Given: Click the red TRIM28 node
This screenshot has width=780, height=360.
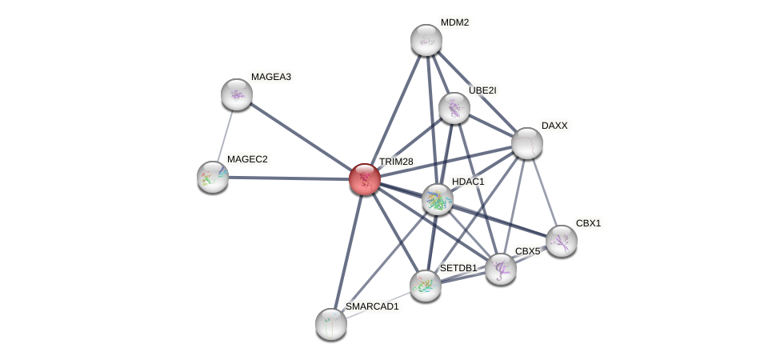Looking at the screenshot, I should (365, 179).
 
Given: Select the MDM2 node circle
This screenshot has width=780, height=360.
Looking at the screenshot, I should (426, 40).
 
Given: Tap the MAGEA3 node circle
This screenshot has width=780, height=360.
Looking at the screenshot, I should (237, 94).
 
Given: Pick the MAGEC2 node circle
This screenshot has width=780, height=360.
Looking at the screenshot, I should (213, 176).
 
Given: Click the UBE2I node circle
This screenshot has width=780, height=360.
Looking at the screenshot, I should (454, 108).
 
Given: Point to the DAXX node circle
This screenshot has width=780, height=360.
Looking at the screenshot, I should (527, 143).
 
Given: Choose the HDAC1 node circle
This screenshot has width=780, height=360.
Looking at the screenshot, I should (438, 199).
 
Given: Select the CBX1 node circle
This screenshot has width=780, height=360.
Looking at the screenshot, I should (562, 240).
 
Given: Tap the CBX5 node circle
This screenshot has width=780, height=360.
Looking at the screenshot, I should (501, 269).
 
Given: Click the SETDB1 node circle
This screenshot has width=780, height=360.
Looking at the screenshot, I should (426, 285).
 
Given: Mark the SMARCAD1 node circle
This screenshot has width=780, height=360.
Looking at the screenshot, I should (331, 323).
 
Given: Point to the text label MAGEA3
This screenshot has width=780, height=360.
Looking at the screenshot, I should (270, 77).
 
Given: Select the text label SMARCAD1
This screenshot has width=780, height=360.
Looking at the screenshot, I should (371, 306).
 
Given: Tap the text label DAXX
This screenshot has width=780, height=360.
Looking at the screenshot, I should (554, 126).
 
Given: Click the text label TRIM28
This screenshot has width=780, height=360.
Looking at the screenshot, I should (396, 162).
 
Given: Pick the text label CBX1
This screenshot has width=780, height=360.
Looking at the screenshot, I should (588, 223).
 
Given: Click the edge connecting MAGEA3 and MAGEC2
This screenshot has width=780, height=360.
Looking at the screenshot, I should (225, 134).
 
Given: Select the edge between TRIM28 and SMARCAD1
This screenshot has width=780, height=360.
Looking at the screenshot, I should (348, 251).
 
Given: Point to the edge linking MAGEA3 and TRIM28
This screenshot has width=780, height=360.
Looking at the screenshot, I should (301, 137).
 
